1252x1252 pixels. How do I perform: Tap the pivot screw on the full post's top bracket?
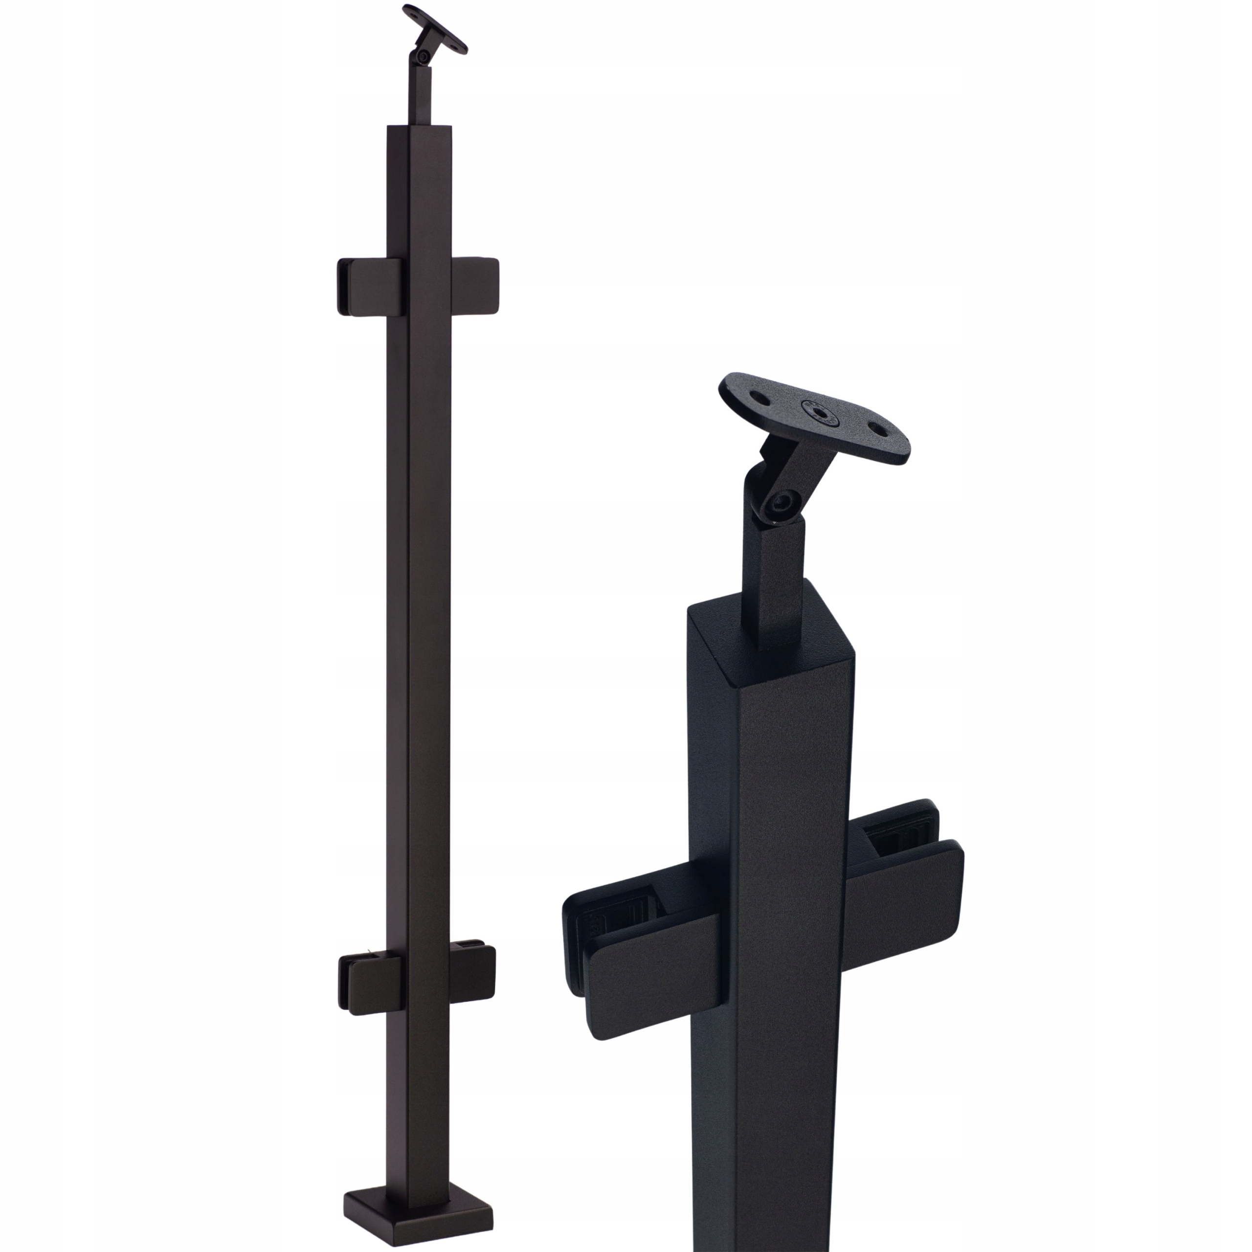click(x=423, y=58)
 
